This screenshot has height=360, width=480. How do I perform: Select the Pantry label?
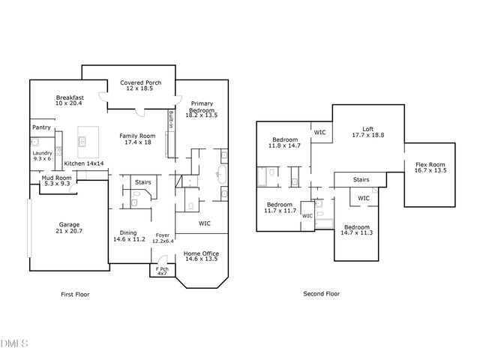(x=41, y=127)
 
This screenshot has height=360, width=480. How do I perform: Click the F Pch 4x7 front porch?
(x=161, y=271)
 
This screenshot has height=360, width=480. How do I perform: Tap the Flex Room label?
(x=430, y=167)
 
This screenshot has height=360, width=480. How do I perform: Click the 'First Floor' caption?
(x=75, y=294)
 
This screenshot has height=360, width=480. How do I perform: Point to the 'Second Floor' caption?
(x=320, y=294)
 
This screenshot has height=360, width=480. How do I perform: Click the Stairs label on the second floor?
(x=361, y=180)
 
